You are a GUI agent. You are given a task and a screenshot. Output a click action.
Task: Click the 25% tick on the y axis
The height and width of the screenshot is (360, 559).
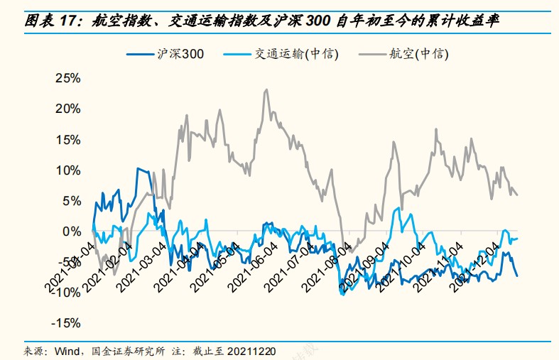(67, 78)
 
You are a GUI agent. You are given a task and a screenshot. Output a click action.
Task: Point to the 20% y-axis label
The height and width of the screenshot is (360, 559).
(67, 109)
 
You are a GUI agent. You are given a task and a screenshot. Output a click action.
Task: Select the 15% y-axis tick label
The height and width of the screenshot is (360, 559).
(67, 140)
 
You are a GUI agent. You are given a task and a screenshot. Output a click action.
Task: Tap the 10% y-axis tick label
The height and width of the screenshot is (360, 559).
(67, 170)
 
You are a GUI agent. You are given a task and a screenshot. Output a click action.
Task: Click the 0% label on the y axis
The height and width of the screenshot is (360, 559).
(71, 231)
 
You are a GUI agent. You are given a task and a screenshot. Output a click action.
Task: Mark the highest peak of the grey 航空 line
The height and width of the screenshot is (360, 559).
(266, 89)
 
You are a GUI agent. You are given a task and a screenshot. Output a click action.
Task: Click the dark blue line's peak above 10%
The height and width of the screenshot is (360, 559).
(139, 168)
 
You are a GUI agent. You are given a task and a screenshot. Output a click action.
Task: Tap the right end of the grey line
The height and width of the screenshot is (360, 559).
(517, 195)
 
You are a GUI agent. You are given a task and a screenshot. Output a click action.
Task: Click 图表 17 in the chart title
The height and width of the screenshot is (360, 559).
(54, 21)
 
